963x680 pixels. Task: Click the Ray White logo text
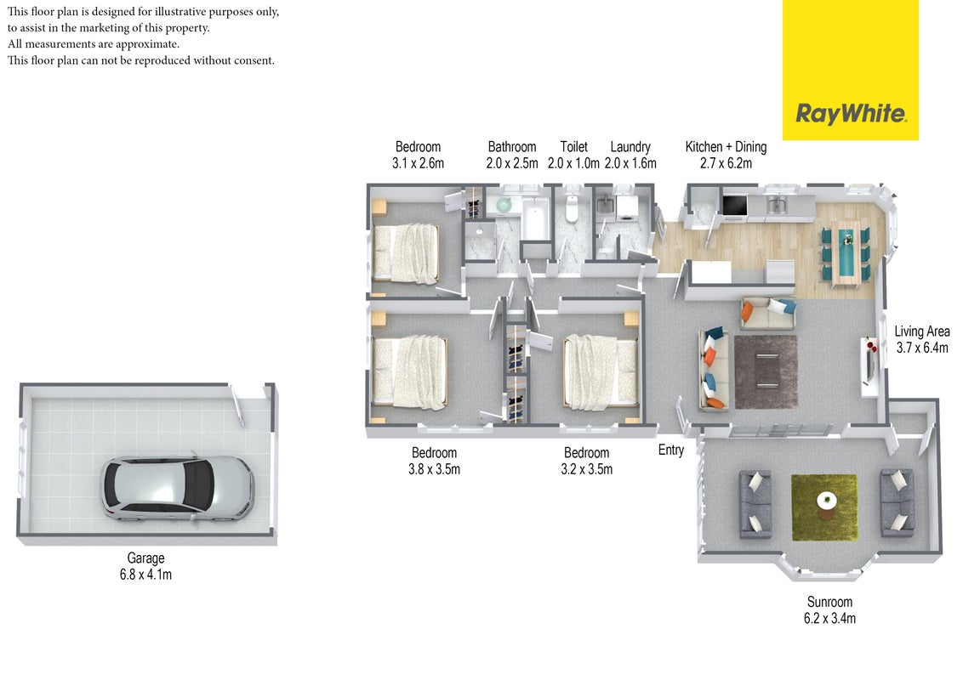pyautogui.click(x=851, y=114)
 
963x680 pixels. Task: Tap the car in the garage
pyautogui.click(x=178, y=489)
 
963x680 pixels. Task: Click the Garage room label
pyautogui.click(x=145, y=558)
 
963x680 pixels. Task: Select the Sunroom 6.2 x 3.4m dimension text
pyautogui.click(x=829, y=619)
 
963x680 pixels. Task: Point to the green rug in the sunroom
pyautogui.click(x=824, y=507)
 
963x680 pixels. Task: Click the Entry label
pyautogui.click(x=670, y=450)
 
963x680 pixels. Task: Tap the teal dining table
pyautogui.click(x=846, y=253)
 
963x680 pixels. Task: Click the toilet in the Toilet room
pyautogui.click(x=573, y=207)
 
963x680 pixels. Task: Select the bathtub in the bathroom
pyautogui.click(x=536, y=219)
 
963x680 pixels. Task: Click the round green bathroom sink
pyautogui.click(x=504, y=205)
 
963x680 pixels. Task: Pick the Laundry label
pyautogui.click(x=630, y=147)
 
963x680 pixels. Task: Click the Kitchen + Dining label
pyautogui.click(x=726, y=147)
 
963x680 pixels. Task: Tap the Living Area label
pyautogui.click(x=922, y=331)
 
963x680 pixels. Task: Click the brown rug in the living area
pyautogui.click(x=766, y=372)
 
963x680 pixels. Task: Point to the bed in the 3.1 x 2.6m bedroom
pyautogui.click(x=406, y=253)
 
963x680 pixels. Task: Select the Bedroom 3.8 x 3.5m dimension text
pyautogui.click(x=434, y=469)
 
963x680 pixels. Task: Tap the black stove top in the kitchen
pyautogui.click(x=734, y=206)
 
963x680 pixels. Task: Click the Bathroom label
pyautogui.click(x=512, y=147)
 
